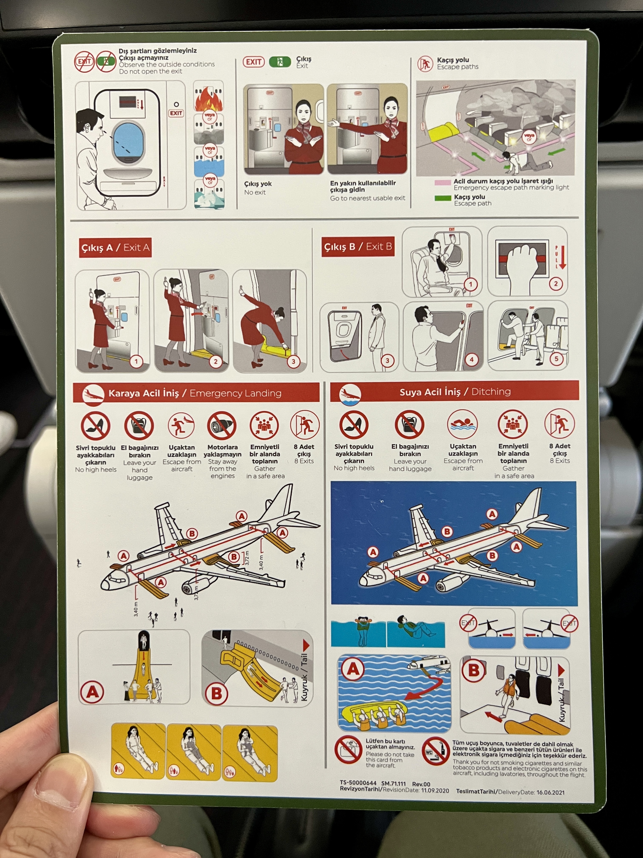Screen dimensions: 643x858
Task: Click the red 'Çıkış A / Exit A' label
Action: pyautogui.click(x=115, y=247)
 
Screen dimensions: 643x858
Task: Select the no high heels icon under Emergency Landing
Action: pyautogui.click(x=95, y=426)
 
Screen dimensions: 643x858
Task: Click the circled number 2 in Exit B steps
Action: pyautogui.click(x=555, y=283)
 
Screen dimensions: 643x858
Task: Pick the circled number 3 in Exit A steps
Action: pyautogui.click(x=293, y=362)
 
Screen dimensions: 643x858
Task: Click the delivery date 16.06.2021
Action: pyautogui.click(x=551, y=792)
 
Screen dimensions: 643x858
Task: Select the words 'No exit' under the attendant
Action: pyautogui.click(x=255, y=192)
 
